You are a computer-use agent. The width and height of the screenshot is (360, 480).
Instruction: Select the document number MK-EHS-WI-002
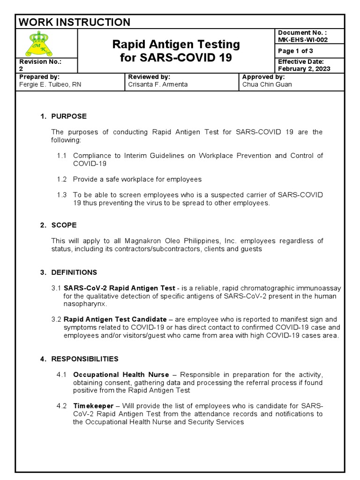(303, 40)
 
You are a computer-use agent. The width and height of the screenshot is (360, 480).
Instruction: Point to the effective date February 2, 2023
(304, 68)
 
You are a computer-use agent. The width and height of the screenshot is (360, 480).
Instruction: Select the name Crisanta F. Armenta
(158, 84)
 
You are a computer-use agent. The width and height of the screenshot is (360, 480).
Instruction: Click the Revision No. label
(40, 61)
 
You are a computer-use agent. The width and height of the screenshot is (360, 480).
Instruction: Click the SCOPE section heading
(64, 225)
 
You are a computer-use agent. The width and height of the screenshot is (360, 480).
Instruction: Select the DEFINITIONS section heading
(74, 272)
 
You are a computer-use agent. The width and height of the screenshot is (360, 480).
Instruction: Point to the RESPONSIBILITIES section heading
(84, 359)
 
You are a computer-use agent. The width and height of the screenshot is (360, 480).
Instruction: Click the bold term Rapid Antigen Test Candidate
(115, 319)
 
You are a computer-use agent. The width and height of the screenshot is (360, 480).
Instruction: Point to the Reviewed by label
(149, 76)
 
